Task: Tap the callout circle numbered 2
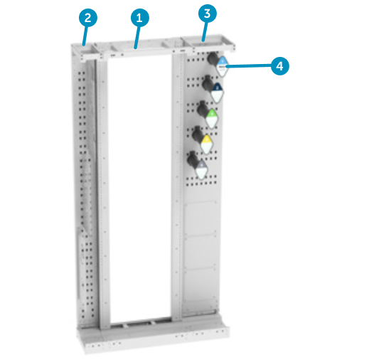coord(87,16)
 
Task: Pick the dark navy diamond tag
coord(218,90)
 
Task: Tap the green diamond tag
coord(213,117)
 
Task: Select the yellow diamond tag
coord(206,143)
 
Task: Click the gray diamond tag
coord(201,169)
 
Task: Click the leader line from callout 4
coord(249,65)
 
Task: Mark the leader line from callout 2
coord(85,34)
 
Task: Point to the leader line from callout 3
coord(204,30)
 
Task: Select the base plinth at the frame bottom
coord(156,340)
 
